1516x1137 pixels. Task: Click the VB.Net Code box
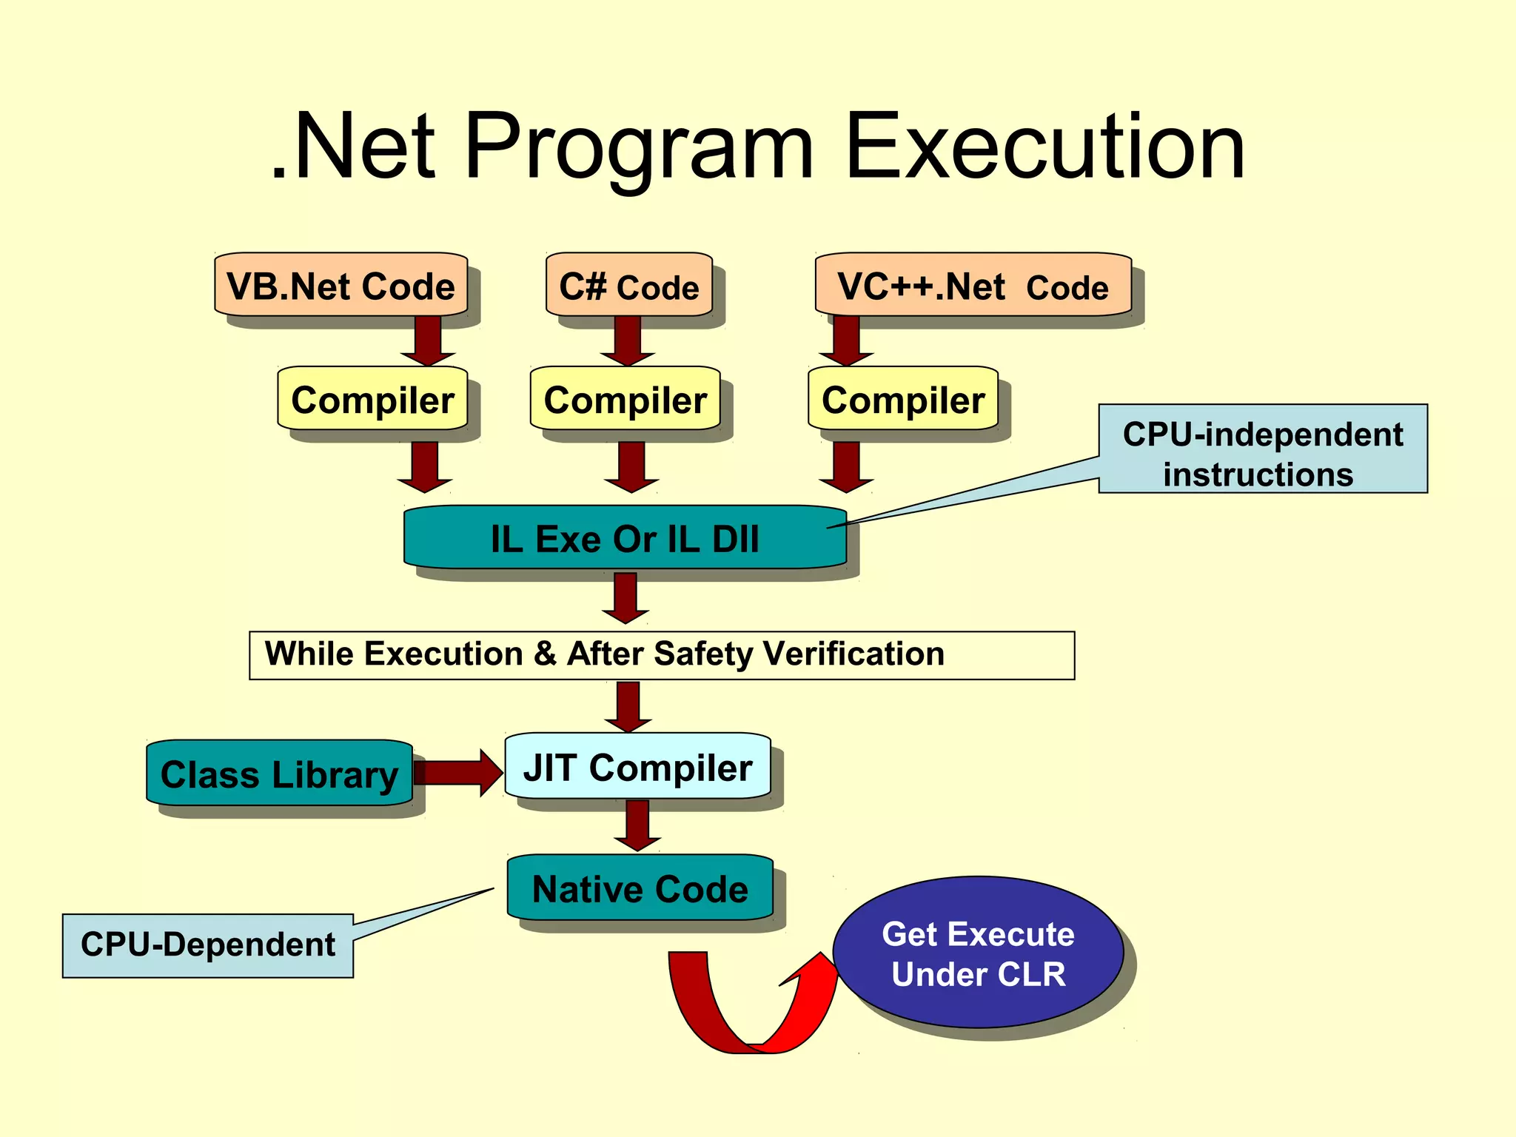[x=341, y=286]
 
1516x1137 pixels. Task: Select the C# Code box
[x=628, y=286]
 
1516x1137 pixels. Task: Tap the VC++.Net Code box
[x=973, y=286]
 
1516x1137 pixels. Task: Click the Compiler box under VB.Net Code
[x=372, y=400]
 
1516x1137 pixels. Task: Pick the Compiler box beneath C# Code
[x=625, y=400]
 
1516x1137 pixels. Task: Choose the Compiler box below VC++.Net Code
[x=902, y=400]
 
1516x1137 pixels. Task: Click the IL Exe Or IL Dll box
[x=624, y=538]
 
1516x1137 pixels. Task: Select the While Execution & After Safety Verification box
[x=661, y=655]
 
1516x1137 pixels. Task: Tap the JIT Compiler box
[x=637, y=767]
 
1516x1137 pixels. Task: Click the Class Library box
[x=279, y=774]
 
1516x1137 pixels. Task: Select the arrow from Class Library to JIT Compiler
[x=459, y=773]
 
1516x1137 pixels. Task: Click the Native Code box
[x=640, y=888]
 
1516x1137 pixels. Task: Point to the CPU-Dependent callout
[x=207, y=945]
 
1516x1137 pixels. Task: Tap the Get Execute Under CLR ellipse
[x=978, y=953]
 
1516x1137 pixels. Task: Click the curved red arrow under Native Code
[x=748, y=1014]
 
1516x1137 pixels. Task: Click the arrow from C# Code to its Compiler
[x=628, y=341]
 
